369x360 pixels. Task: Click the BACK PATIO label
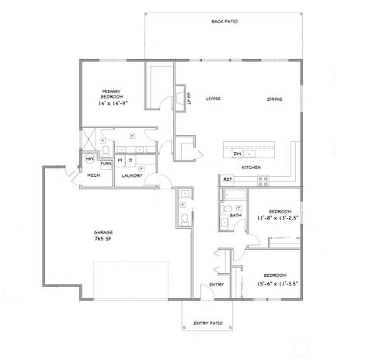[225, 22]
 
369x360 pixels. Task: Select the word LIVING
[214, 99]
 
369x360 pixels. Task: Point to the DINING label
[274, 99]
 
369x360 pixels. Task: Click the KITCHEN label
[250, 168]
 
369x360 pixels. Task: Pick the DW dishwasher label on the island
[238, 154]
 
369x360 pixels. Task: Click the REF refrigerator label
[228, 180]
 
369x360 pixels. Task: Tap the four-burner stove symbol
[263, 180]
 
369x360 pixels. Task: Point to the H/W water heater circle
[89, 159]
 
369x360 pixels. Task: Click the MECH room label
[93, 176]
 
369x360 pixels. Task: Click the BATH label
[235, 216]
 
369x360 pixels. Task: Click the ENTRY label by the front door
[217, 285]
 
